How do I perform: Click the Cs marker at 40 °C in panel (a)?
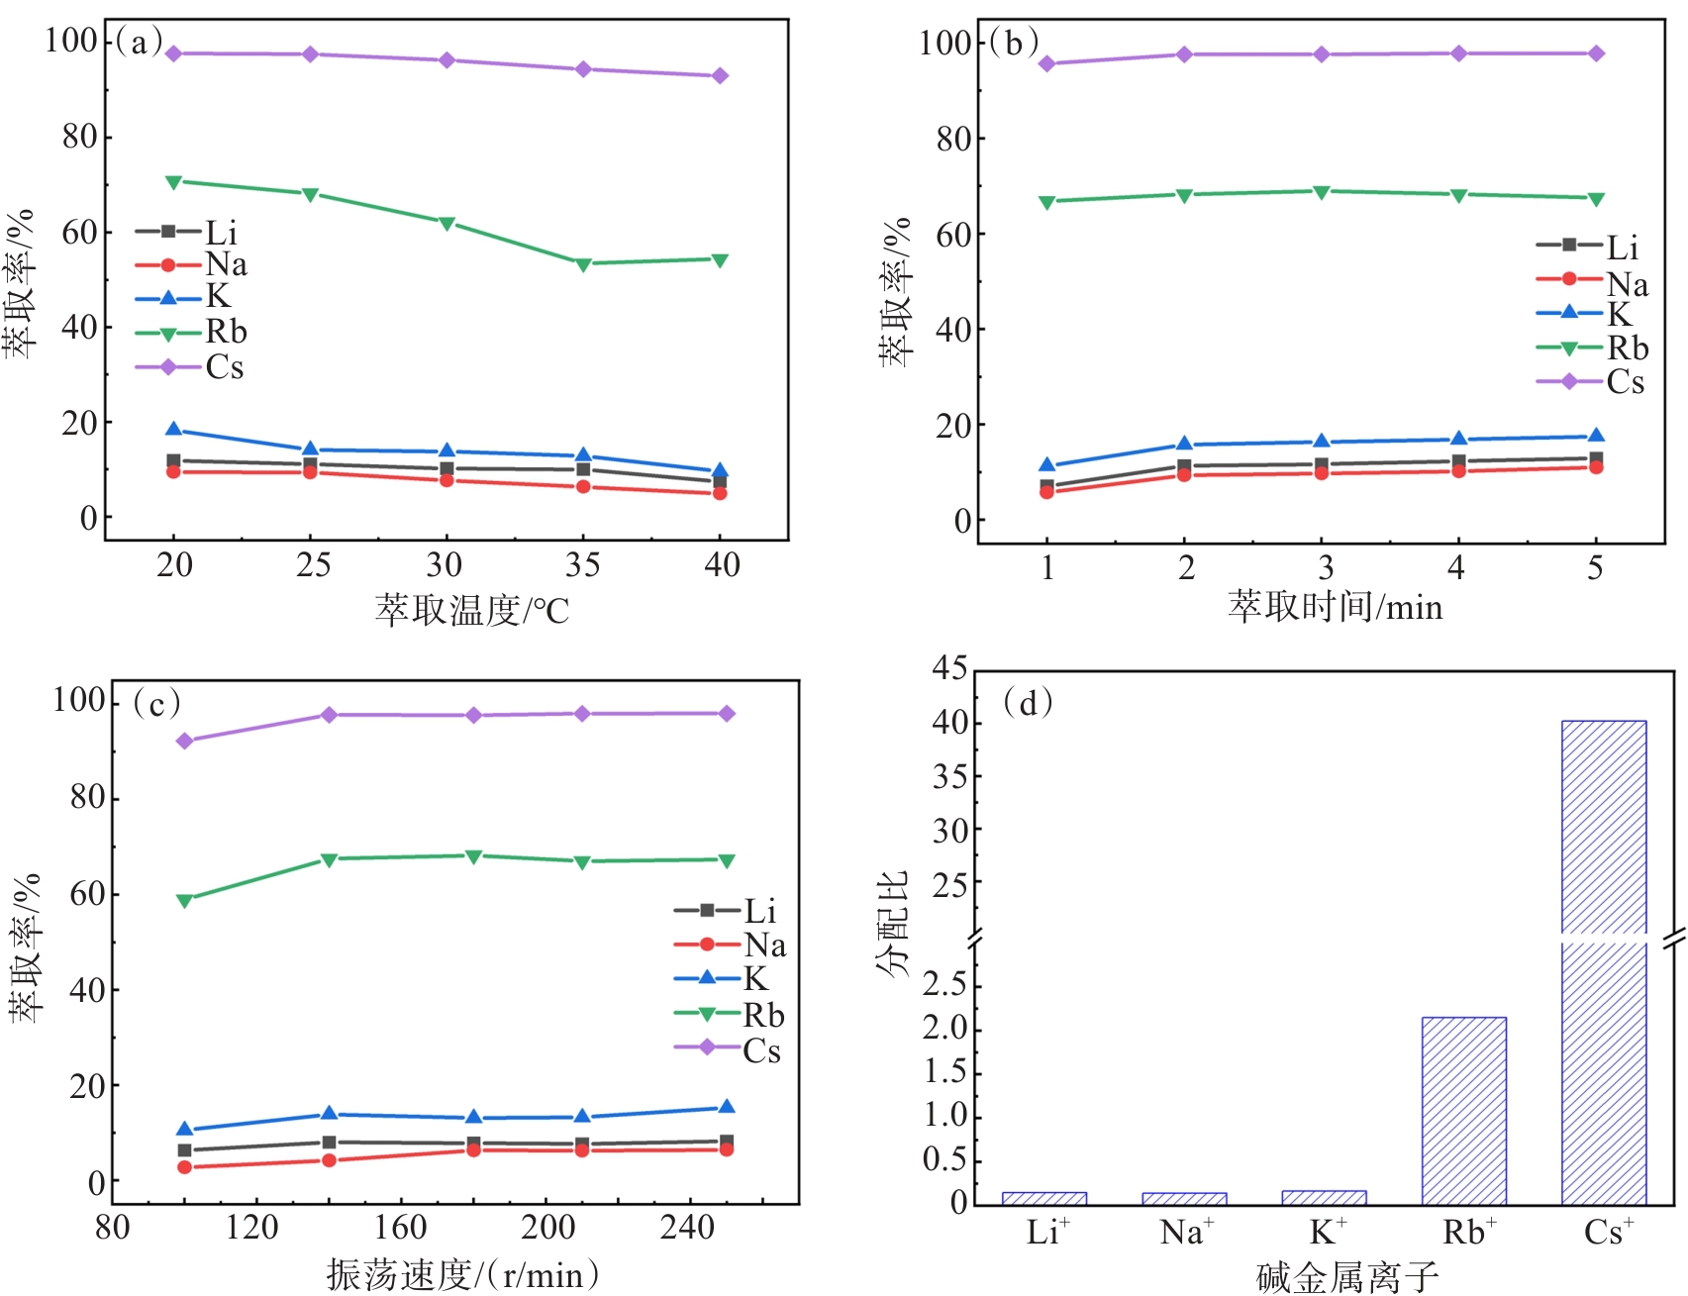click(720, 76)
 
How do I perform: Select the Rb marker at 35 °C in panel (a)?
click(583, 264)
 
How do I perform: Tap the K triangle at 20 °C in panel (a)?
click(174, 430)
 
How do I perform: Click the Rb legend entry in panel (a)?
click(192, 333)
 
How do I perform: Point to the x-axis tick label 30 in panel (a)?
click(445, 565)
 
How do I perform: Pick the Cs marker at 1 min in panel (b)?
click(1047, 64)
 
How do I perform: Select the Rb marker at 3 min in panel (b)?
click(1322, 192)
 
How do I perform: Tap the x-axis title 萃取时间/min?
click(1336, 607)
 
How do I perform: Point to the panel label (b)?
click(1014, 43)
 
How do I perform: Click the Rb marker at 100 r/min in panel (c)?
click(185, 901)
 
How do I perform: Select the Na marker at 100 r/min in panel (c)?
click(185, 1167)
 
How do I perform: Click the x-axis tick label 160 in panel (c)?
click(400, 1228)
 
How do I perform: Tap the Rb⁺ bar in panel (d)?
click(1463, 1111)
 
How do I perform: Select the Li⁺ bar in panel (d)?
click(1044, 1198)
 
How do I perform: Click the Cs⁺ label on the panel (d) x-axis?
click(1609, 1233)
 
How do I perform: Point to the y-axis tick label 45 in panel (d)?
click(950, 669)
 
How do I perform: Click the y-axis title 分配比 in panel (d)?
click(892, 924)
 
